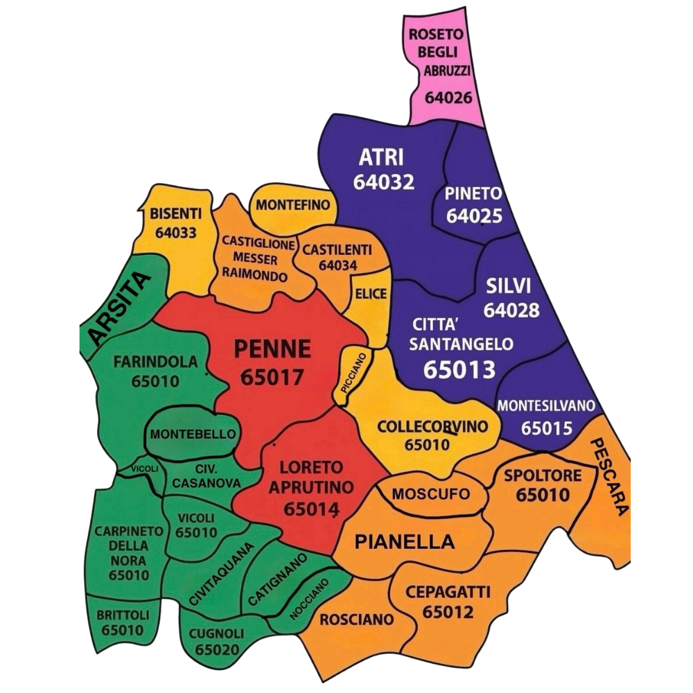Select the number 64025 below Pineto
(x=474, y=216)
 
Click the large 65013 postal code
(x=459, y=369)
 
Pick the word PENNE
(x=272, y=349)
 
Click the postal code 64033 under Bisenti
(x=176, y=233)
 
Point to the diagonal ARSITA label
(x=119, y=309)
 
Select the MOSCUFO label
(x=430, y=494)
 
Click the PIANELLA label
(x=405, y=542)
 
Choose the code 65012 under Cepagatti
(x=448, y=612)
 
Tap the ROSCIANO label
(x=356, y=618)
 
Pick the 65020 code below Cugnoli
(x=218, y=650)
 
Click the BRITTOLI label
(x=122, y=615)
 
